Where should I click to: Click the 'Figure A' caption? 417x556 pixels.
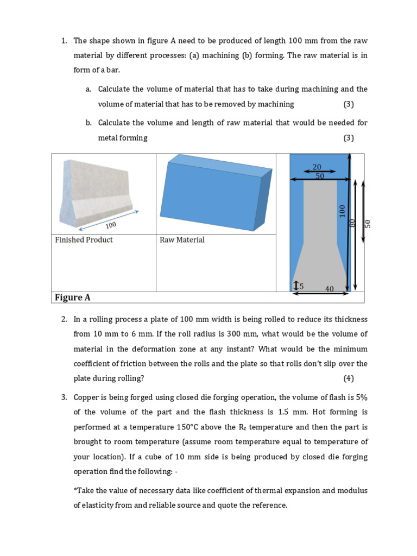pos(72,298)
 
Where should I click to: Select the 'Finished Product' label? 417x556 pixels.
pos(84,240)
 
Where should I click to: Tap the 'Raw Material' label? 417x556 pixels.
pos(182,240)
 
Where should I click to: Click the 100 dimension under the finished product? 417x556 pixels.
pos(111,225)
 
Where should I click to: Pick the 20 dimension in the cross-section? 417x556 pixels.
pos(317,167)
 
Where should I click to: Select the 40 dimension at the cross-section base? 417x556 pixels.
pos(329,289)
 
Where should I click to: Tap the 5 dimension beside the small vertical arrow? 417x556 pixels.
pos(302,286)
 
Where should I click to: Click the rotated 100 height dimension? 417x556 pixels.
pos(342,211)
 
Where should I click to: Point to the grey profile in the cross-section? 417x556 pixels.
pos(320,233)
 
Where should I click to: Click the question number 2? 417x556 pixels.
pos(64,319)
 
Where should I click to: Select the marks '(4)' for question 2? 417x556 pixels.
pos(348,378)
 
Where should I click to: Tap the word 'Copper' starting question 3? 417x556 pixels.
pos(86,397)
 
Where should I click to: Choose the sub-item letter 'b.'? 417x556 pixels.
pos(89,123)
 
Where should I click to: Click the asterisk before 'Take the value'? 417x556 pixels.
pos(75,491)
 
